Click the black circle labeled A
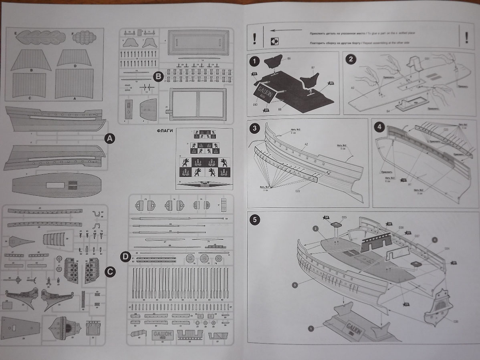coord(109,139)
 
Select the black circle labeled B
coord(158,75)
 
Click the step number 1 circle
coord(254,62)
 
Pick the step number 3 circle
coord(254,129)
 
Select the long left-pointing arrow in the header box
coord(284,30)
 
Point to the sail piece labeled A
coord(75,83)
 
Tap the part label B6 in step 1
coord(289,59)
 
